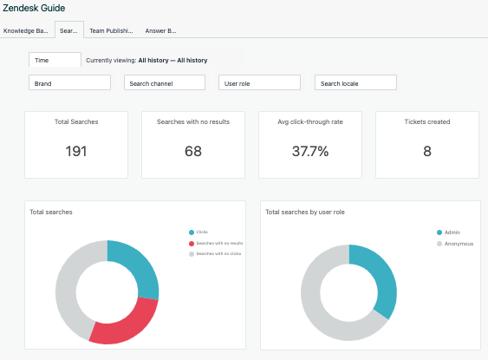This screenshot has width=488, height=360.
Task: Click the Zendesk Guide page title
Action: (34, 9)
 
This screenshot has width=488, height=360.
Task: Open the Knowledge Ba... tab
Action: (26, 30)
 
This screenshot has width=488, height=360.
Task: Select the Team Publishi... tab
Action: (111, 30)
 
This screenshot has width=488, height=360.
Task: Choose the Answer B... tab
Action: (160, 30)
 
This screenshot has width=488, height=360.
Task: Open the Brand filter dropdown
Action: (69, 83)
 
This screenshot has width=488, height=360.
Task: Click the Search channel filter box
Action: (165, 83)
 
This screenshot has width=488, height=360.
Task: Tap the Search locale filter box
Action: (355, 83)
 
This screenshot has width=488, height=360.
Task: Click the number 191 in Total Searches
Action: (76, 151)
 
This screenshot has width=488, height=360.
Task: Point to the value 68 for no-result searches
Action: (193, 151)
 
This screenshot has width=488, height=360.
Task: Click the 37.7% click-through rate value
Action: (309, 151)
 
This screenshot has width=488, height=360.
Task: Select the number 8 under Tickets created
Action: (426, 151)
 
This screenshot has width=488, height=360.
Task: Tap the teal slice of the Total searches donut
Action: (138, 265)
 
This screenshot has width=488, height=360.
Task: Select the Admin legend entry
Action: (452, 232)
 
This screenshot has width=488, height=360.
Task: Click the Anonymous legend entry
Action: (457, 244)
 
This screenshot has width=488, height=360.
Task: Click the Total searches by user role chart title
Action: (308, 212)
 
